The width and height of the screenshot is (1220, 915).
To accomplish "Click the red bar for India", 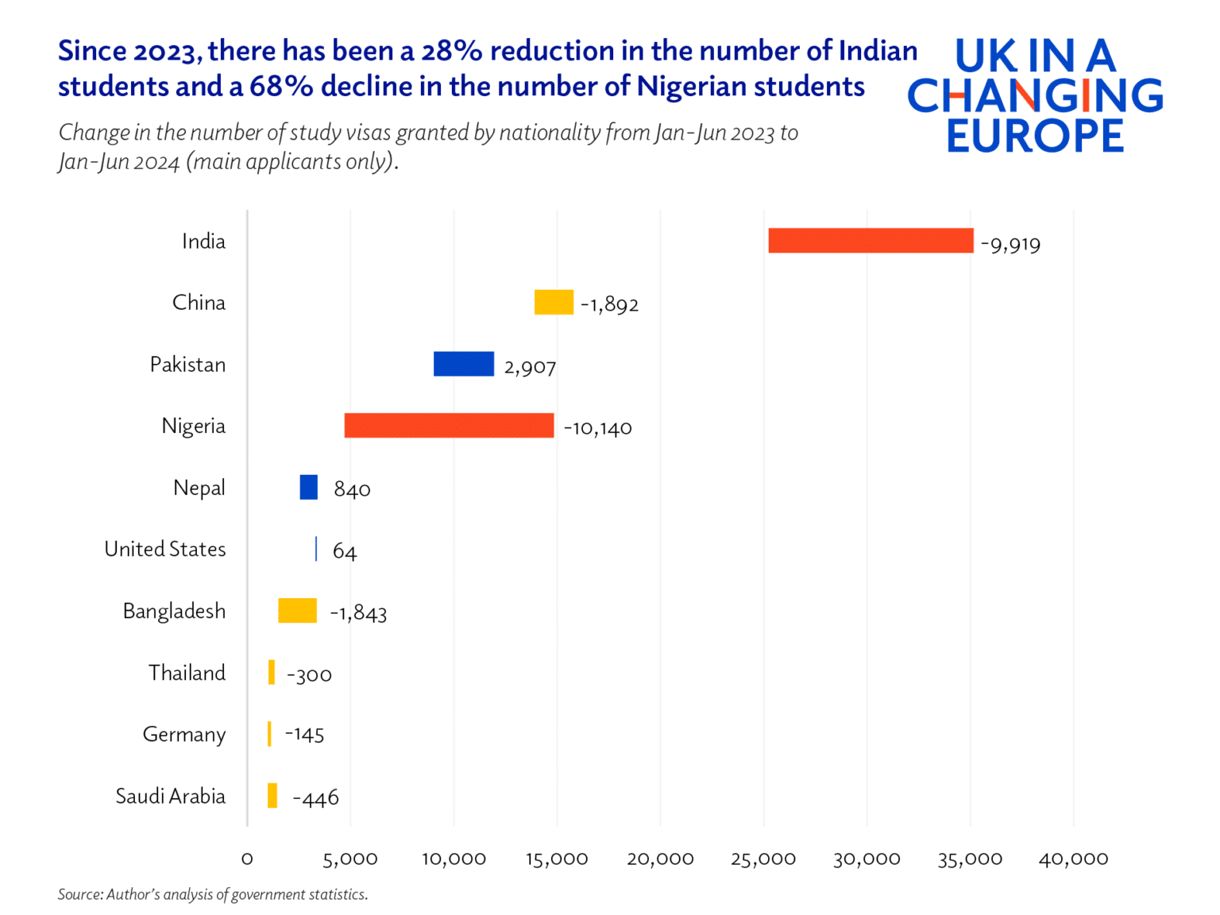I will click(871, 241).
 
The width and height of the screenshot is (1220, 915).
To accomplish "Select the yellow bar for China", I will click(554, 303).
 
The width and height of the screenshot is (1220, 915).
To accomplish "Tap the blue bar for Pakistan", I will click(464, 364).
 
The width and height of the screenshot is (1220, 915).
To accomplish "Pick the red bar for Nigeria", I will click(449, 426).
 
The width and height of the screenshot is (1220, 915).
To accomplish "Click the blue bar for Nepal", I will click(308, 487).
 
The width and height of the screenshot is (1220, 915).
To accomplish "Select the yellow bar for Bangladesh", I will click(297, 611).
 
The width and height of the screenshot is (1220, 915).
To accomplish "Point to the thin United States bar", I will click(316, 549).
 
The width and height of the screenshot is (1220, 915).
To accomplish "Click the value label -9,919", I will click(1010, 244).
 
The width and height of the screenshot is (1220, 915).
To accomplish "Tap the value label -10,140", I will click(597, 428).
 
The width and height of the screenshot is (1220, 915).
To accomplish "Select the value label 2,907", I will click(530, 367).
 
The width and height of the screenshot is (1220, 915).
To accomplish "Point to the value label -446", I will click(315, 797).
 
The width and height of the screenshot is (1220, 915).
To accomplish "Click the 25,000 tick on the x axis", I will click(763, 859).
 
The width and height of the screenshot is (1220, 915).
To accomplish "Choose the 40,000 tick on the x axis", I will click(1073, 859).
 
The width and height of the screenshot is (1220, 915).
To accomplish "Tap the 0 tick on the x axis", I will click(247, 859).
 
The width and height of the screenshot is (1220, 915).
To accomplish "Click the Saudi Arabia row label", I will click(170, 796).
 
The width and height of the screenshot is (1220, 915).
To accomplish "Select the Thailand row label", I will click(187, 673).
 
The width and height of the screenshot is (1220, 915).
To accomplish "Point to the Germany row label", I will click(183, 735).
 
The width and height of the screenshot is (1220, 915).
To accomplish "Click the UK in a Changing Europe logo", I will click(1034, 95).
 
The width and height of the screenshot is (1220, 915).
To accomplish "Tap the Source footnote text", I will click(212, 894).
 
